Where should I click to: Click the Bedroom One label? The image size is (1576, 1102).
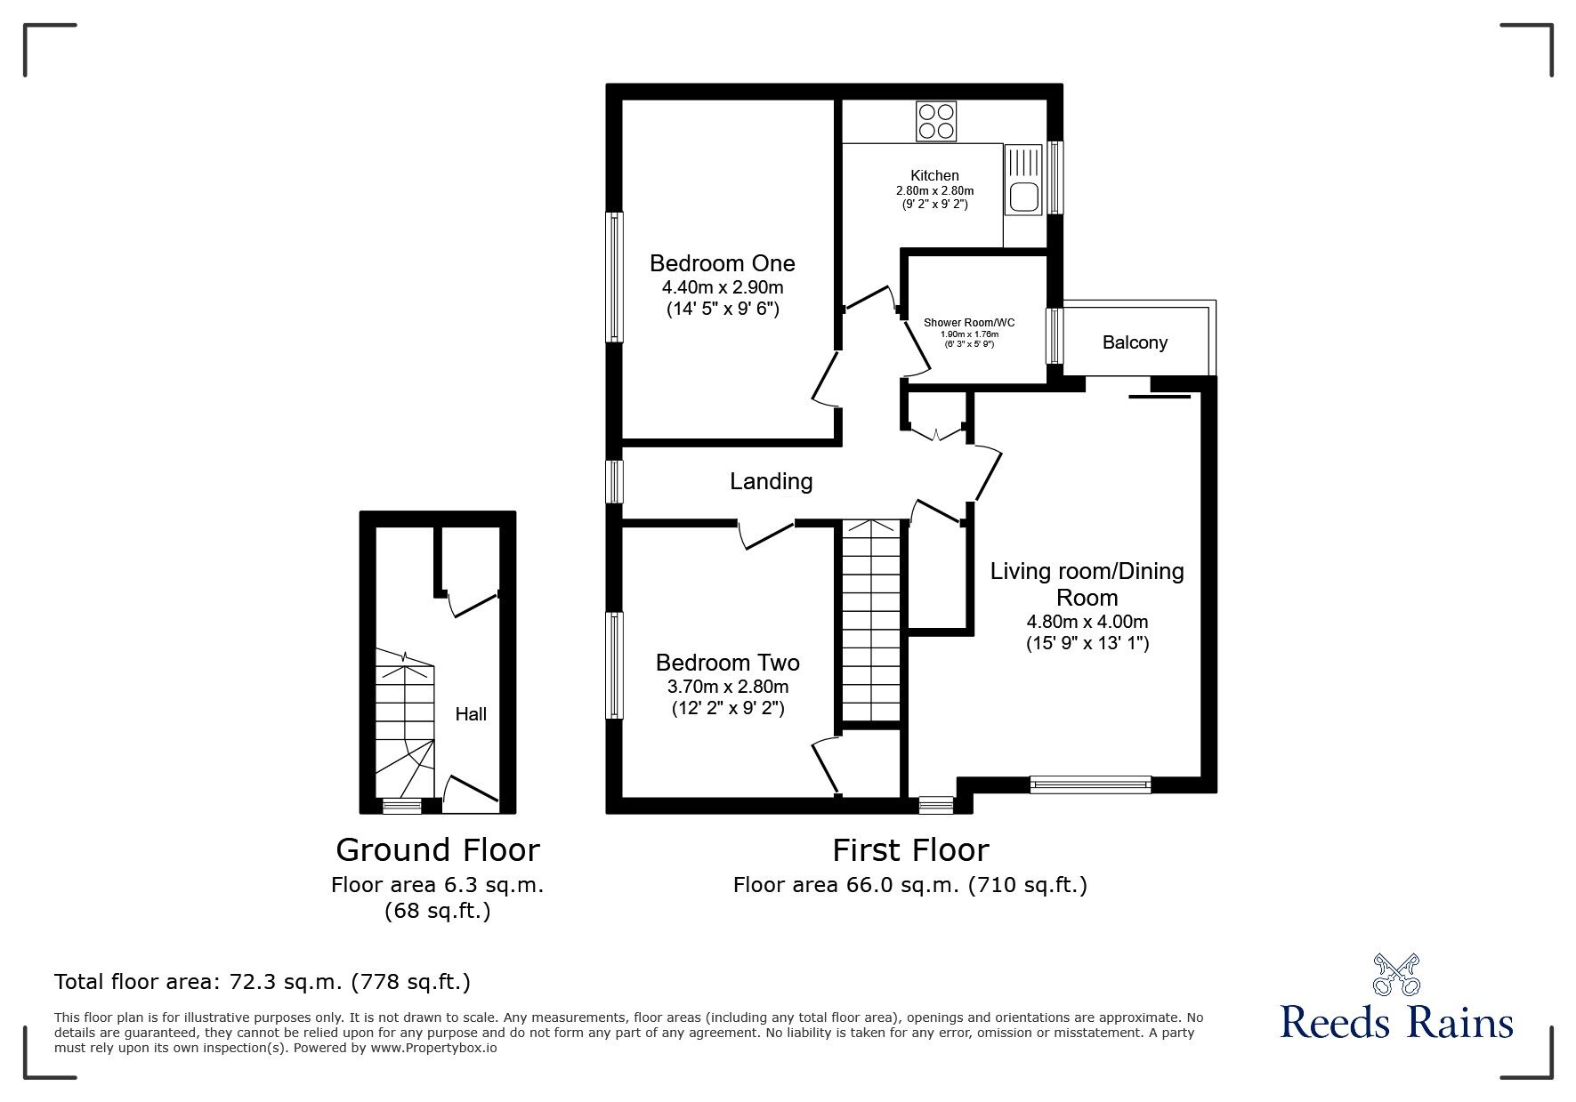point(722,263)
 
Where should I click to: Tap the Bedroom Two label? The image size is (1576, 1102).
point(727,663)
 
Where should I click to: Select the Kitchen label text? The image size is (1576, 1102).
point(934,175)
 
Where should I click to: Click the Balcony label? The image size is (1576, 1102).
point(1134,342)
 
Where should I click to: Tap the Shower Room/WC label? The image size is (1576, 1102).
point(969,322)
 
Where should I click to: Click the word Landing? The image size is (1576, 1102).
point(771,481)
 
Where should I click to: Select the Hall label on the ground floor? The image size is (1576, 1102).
point(471,713)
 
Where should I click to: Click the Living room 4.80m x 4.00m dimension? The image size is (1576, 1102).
point(1087,622)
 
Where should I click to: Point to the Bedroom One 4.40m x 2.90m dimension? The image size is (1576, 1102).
point(722,287)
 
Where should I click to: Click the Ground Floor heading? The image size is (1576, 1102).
point(437,850)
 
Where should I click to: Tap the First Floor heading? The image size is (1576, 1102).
point(910,850)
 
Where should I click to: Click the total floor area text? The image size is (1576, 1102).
point(263,982)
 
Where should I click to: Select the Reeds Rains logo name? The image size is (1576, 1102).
point(1396,1023)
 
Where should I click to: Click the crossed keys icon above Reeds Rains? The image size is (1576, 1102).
point(1396,974)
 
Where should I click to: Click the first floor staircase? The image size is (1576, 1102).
point(871,623)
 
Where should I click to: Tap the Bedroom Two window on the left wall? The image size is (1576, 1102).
point(614,664)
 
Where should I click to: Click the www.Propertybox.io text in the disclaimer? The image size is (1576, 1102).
point(433,1048)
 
